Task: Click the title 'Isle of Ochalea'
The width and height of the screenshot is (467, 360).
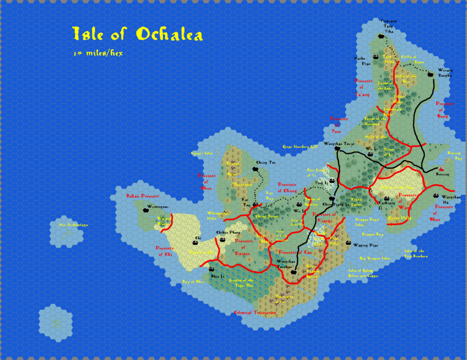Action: pyautogui.click(x=137, y=35)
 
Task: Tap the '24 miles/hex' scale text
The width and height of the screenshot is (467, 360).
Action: pyautogui.click(x=98, y=53)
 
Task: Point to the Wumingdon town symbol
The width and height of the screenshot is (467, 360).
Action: pyautogui.click(x=146, y=210)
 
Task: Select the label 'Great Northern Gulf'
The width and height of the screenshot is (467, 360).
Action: pyautogui.click(x=300, y=147)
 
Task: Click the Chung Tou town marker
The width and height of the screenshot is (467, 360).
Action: pyautogui.click(x=255, y=169)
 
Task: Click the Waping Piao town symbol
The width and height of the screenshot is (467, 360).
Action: pyautogui.click(x=348, y=244)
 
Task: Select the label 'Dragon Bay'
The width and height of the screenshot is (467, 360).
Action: pyautogui.click(x=376, y=234)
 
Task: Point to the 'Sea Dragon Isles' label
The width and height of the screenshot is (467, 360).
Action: pyautogui.click(x=374, y=258)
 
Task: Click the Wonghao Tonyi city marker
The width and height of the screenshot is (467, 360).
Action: pyautogui.click(x=337, y=149)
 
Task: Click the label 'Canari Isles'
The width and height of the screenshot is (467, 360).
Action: pyautogui.click(x=202, y=153)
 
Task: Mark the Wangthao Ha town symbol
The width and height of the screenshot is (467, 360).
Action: pyautogui.click(x=433, y=197)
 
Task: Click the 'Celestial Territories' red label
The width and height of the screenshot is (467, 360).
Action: pyautogui.click(x=254, y=313)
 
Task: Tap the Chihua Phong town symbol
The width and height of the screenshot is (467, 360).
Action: pyautogui.click(x=218, y=238)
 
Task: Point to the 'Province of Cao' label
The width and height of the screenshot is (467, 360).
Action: pyautogui.click(x=295, y=252)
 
